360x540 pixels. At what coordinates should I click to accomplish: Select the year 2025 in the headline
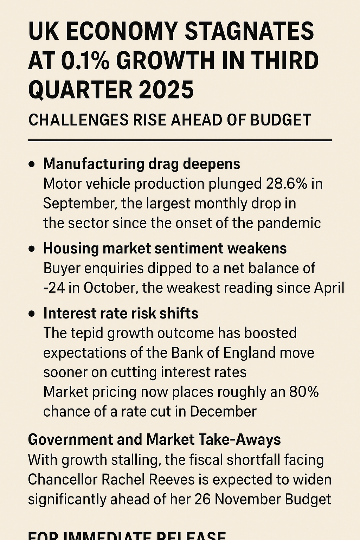coord(166,90)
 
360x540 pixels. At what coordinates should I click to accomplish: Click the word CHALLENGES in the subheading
coord(78,120)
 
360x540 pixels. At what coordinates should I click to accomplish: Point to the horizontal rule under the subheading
coord(180,140)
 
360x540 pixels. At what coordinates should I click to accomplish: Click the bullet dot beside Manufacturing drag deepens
coord(32,164)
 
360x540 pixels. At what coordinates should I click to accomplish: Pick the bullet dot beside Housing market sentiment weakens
coord(32,249)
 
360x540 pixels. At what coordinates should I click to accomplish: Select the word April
coord(329,288)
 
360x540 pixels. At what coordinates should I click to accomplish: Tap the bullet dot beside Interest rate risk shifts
coord(32,314)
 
